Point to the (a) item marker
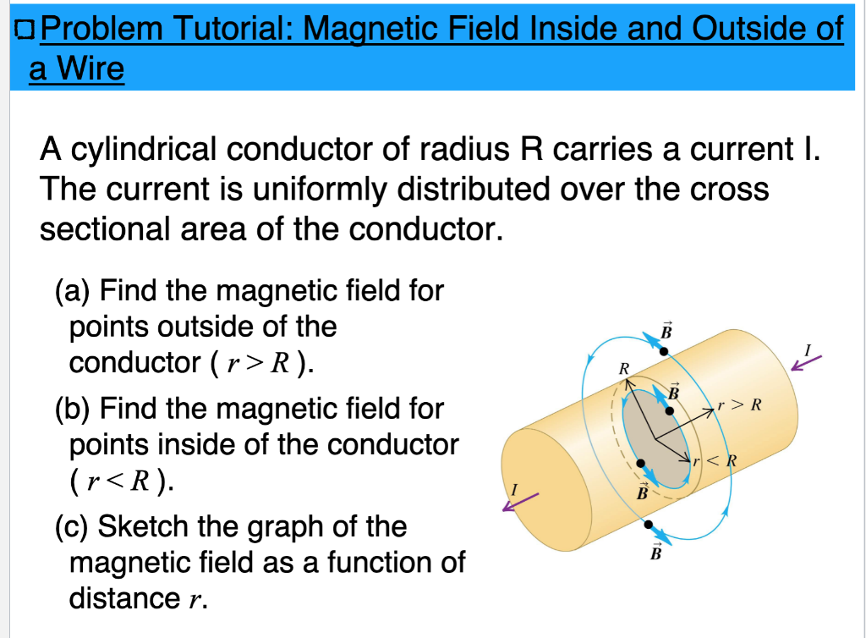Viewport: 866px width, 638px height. click(73, 292)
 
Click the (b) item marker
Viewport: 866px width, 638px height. click(73, 409)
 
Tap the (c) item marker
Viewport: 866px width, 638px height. click(72, 526)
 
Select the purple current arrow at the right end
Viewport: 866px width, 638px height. click(806, 363)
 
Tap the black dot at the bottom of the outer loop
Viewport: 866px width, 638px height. click(648, 526)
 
